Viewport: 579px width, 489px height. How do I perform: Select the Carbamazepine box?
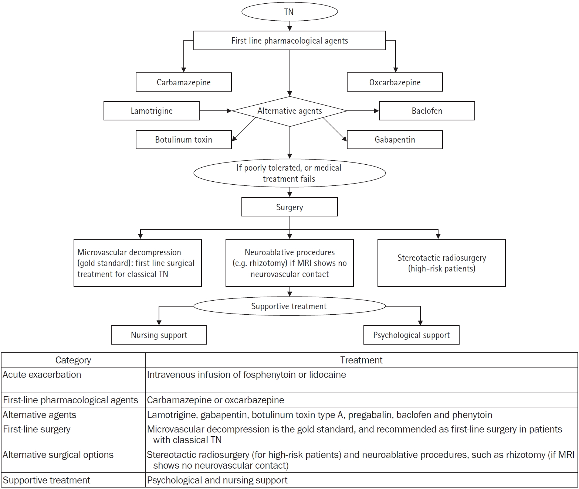tap(183, 82)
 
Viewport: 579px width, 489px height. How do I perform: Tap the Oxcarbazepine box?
tap(395, 82)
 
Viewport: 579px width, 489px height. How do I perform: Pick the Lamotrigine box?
tap(152, 111)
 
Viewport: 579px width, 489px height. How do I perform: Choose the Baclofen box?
tap(427, 111)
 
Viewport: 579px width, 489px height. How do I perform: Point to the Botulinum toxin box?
tap(183, 140)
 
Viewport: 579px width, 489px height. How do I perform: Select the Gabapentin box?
tap(395, 140)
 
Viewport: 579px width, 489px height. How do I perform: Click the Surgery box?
tap(289, 207)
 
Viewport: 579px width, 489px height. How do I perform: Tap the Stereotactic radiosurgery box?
tap(441, 263)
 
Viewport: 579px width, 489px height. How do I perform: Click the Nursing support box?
tap(159, 335)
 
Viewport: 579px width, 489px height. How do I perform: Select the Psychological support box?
tap(411, 335)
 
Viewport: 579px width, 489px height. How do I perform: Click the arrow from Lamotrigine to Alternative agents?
tap(216, 111)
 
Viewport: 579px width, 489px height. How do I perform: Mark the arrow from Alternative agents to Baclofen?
tap(363, 111)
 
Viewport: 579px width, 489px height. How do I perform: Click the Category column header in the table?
tap(73, 360)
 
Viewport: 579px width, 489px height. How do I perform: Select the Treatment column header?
tap(361, 360)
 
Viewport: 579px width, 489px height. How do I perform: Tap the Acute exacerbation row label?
tap(42, 375)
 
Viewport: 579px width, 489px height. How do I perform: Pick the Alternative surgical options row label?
tap(58, 455)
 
